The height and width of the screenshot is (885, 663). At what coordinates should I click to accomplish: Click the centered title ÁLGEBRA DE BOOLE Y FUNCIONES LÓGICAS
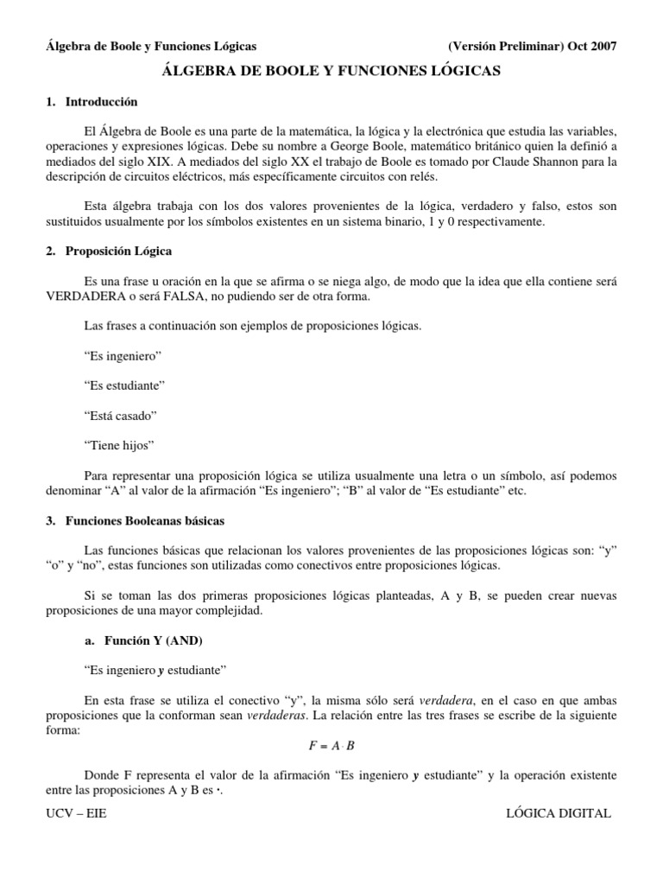pos(331,73)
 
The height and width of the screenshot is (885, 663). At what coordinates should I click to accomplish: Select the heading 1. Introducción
pos(92,102)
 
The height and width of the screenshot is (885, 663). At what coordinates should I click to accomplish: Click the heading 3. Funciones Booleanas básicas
pos(136,521)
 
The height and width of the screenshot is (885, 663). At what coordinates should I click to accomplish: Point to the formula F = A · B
pos(331,746)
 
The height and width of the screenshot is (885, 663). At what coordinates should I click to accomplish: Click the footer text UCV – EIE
pos(75,814)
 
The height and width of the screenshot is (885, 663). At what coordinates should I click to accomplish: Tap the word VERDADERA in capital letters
pos(83,296)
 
